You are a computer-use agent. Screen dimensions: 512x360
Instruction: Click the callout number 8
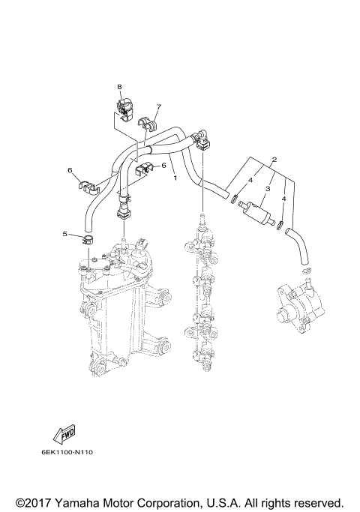pos(118,87)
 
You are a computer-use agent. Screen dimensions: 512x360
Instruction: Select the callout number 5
pos(65,234)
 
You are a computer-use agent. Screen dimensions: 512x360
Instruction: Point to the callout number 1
pos(175,178)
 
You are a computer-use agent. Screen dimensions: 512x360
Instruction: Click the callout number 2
pos(274,160)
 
